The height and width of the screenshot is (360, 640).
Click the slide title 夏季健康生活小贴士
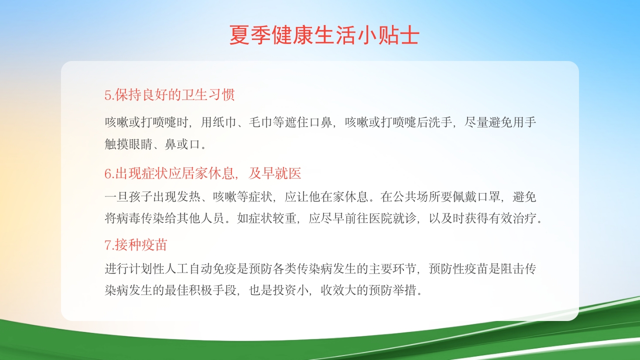tap(323, 35)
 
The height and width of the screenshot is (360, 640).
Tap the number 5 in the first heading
tap(107, 95)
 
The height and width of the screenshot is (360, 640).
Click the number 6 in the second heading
tap(107, 174)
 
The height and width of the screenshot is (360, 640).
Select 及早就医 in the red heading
tap(275, 173)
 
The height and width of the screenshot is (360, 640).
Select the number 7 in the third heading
tap(107, 245)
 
